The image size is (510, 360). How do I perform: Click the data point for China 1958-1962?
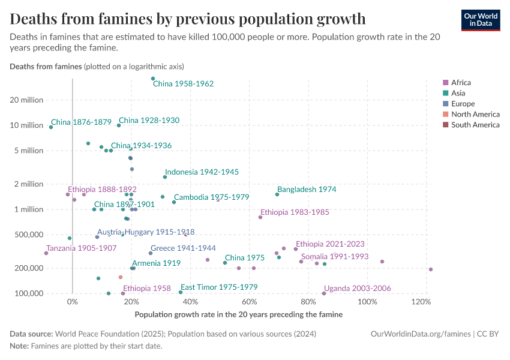pos(153,79)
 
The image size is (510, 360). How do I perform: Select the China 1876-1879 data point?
pos(51,127)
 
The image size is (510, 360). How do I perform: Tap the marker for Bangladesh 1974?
pos(277,194)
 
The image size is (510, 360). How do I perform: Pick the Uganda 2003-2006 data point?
pos(324,293)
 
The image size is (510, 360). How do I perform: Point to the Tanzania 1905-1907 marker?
pos(46,253)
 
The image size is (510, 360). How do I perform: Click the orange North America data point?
pos(121,277)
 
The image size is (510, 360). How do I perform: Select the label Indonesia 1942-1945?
pos(202,172)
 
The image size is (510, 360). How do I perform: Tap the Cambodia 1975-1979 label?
pos(211,197)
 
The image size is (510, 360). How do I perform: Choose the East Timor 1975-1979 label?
pos(219,287)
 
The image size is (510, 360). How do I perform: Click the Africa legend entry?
pos(461,83)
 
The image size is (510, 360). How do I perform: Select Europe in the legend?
pos(463,104)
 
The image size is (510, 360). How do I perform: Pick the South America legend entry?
pos(475,125)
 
